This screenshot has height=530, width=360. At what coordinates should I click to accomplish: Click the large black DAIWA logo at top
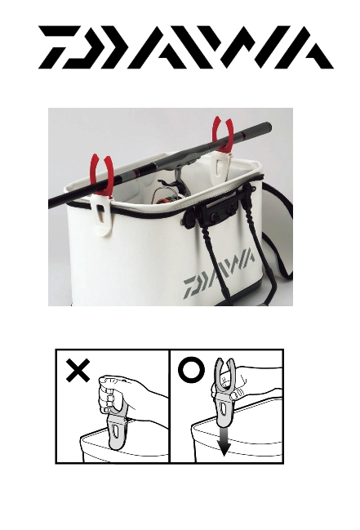point(185,47)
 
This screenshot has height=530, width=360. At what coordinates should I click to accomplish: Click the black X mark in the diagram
point(78,370)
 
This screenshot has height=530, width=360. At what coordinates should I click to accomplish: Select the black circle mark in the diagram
point(191,369)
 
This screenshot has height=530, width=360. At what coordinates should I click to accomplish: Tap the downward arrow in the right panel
point(224,441)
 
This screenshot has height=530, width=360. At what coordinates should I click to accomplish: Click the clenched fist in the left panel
point(110,394)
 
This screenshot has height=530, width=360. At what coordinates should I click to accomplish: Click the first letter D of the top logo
point(64,47)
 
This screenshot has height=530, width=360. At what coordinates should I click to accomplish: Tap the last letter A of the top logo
point(306,47)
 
